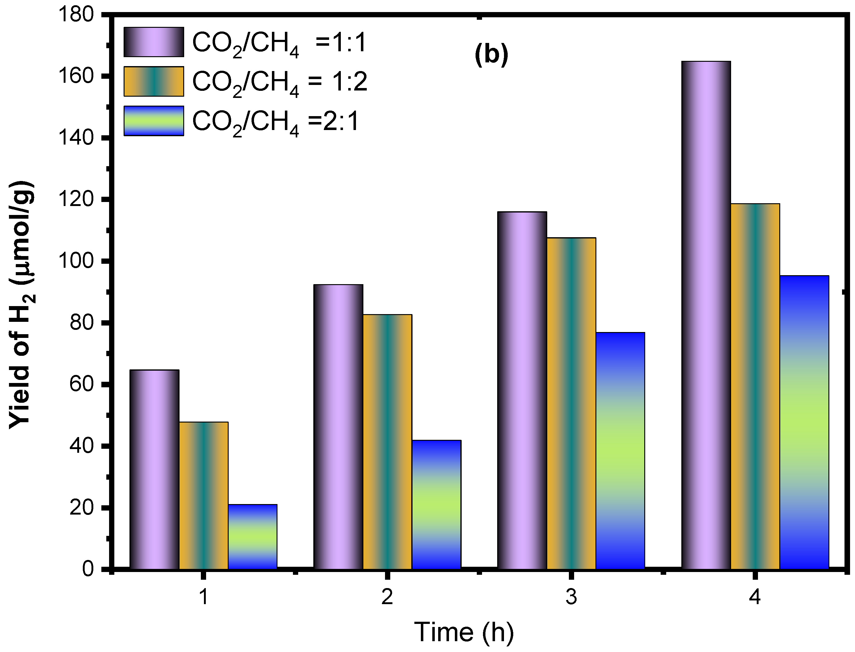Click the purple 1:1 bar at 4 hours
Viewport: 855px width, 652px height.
click(x=705, y=315)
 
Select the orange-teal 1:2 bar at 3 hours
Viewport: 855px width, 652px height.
click(x=571, y=404)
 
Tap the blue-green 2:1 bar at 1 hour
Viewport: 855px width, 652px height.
click(x=252, y=537)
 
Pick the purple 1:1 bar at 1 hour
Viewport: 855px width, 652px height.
click(x=154, y=469)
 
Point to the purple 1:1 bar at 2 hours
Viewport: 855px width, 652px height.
click(x=338, y=427)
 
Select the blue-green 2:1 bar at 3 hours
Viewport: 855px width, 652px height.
click(x=620, y=451)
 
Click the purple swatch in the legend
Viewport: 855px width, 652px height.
click(x=154, y=42)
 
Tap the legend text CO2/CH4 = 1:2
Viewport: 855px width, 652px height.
click(x=280, y=82)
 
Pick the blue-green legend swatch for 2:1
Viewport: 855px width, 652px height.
click(x=154, y=121)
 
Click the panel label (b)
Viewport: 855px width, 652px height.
click(x=491, y=54)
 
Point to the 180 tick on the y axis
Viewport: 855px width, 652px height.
click(x=76, y=15)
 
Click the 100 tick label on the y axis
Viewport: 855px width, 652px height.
click(x=76, y=261)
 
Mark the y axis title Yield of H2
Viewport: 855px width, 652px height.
click(x=21, y=305)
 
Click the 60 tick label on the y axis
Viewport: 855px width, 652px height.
click(x=82, y=384)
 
